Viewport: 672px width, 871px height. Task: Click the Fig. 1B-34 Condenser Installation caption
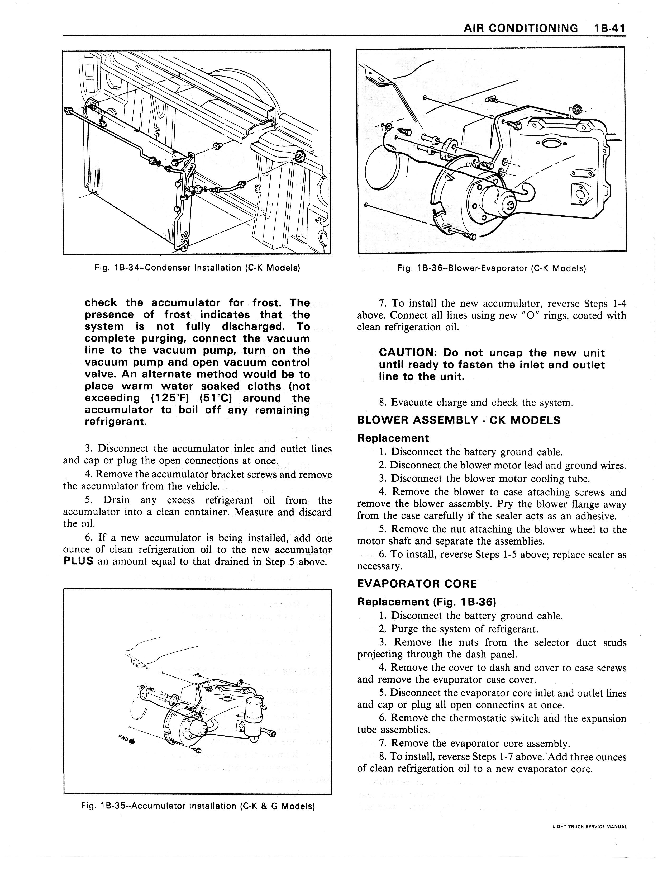(197, 268)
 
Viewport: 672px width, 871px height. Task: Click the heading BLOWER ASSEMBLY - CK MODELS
(459, 420)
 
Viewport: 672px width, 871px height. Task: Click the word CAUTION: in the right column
(407, 353)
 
